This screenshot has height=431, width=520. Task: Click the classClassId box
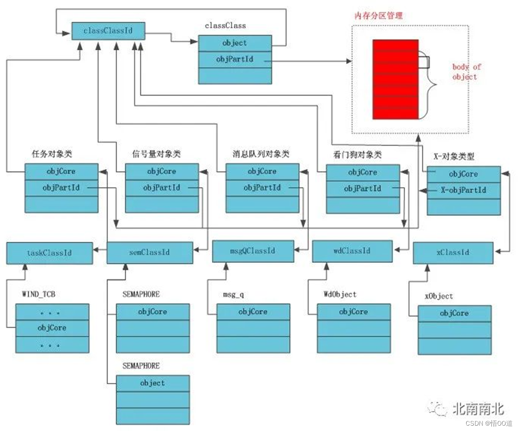click(x=108, y=31)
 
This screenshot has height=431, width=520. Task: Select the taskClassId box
click(x=49, y=253)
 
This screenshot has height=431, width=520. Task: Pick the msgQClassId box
click(x=253, y=251)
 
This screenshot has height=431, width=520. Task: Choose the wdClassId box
click(x=352, y=251)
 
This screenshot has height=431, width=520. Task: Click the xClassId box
click(x=453, y=253)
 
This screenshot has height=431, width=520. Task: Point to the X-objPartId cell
click(x=463, y=190)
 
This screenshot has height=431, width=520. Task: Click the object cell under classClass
click(x=235, y=43)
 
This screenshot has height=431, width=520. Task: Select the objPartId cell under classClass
click(x=235, y=60)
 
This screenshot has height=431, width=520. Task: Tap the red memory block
click(x=395, y=79)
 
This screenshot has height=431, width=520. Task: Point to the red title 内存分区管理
click(x=378, y=16)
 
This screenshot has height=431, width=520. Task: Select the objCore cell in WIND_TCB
click(x=52, y=328)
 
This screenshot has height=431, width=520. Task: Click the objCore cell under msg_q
click(x=253, y=312)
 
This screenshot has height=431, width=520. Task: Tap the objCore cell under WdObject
click(x=354, y=312)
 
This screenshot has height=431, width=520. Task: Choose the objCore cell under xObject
click(x=454, y=314)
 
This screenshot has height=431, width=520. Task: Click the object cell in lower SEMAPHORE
click(x=152, y=383)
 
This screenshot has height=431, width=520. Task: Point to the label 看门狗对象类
click(x=357, y=155)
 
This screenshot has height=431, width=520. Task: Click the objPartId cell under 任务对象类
click(x=61, y=187)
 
